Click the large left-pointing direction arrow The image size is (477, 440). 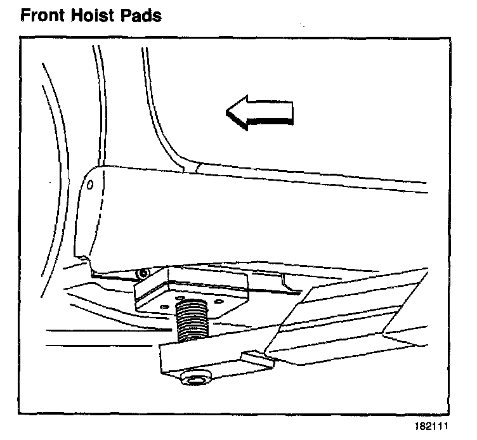[x=260, y=113]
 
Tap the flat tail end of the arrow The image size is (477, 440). [x=292, y=113]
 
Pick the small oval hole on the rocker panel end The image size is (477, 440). [x=89, y=186]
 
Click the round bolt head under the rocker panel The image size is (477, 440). [x=144, y=273]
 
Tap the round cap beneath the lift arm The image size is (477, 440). [x=193, y=379]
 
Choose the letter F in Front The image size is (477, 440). [x=26, y=15]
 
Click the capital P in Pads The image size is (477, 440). [x=126, y=15]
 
